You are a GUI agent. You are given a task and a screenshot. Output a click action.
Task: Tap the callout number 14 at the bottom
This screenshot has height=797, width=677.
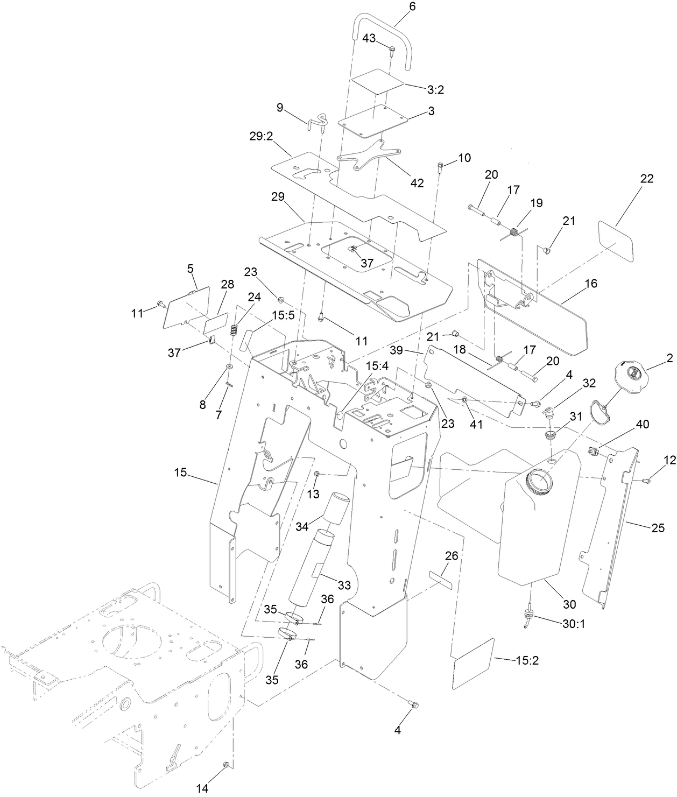click(201, 788)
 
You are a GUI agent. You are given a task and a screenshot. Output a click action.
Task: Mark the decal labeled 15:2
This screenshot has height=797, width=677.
click(474, 664)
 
